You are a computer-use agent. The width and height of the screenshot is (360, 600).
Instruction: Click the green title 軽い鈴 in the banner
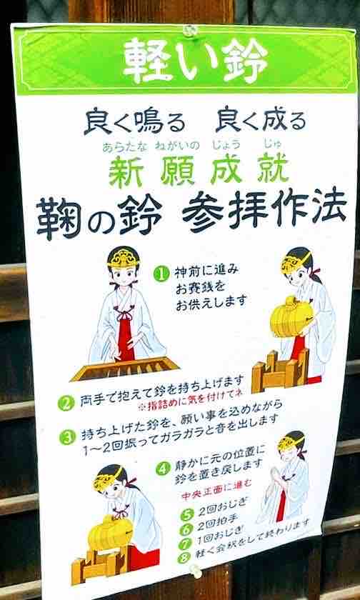coord(196,60)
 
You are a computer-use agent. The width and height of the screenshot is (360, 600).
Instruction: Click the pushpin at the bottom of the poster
coord(196,571)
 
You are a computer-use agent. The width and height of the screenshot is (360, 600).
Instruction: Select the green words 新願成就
coord(199,171)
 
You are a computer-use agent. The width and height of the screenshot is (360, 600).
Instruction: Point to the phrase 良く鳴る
coord(136,121)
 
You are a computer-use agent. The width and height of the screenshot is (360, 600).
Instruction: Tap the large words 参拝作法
coord(265,209)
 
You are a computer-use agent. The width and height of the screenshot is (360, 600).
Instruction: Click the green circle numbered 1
coord(161,273)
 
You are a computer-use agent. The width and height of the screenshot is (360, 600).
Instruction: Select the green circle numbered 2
coord(66,404)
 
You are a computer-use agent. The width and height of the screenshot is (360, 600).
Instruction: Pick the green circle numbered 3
coord(66,437)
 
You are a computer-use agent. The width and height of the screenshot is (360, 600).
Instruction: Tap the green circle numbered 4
coord(163,468)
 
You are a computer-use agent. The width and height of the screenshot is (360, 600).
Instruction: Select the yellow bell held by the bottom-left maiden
coord(109,532)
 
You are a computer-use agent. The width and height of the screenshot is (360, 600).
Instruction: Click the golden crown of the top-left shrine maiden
coord(124,259)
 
